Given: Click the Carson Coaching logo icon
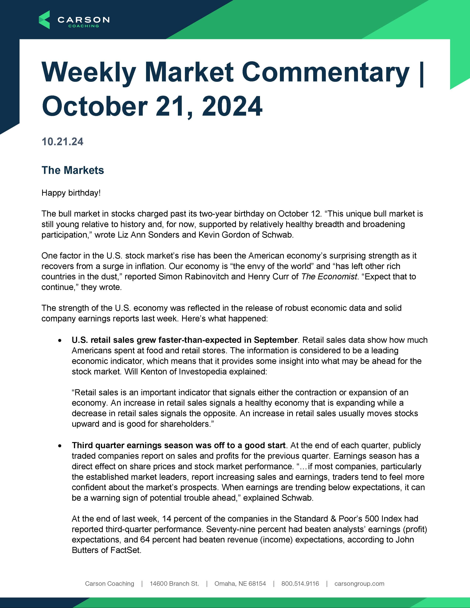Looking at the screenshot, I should (x=44, y=20).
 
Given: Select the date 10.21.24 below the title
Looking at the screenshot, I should (x=62, y=142).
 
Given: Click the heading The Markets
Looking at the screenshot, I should (x=73, y=170).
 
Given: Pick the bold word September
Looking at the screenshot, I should (x=275, y=340).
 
